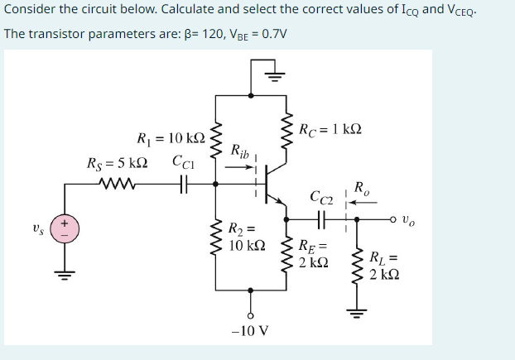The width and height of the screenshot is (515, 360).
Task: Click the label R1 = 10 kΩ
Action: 171,137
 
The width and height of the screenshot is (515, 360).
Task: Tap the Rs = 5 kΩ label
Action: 118,161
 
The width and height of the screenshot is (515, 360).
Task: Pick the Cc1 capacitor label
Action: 183,161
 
